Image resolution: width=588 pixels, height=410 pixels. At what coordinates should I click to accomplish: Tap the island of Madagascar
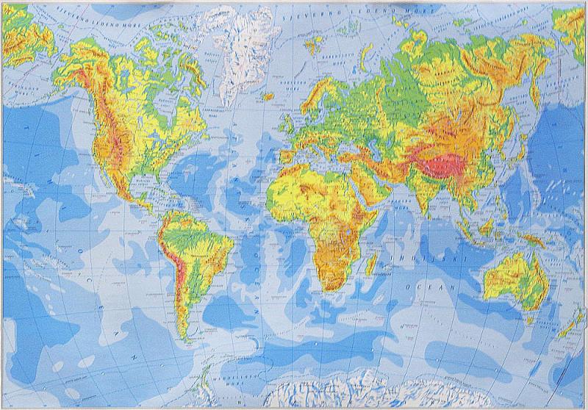[x=373, y=260]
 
